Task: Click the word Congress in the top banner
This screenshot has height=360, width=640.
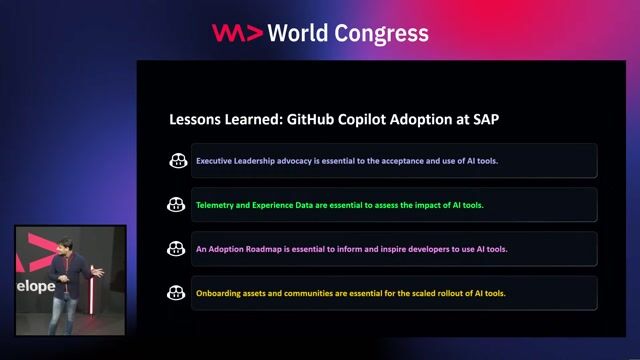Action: (385, 33)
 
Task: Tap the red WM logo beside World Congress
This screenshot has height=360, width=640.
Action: (237, 33)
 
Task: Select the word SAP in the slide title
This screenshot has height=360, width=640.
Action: (483, 119)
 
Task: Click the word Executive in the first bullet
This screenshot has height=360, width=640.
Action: (216, 160)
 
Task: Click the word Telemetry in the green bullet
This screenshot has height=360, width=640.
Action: (218, 204)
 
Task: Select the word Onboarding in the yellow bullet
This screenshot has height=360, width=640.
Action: (220, 293)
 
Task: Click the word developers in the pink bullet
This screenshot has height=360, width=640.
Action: (410, 249)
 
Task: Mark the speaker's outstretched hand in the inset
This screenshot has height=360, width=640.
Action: (96, 269)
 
